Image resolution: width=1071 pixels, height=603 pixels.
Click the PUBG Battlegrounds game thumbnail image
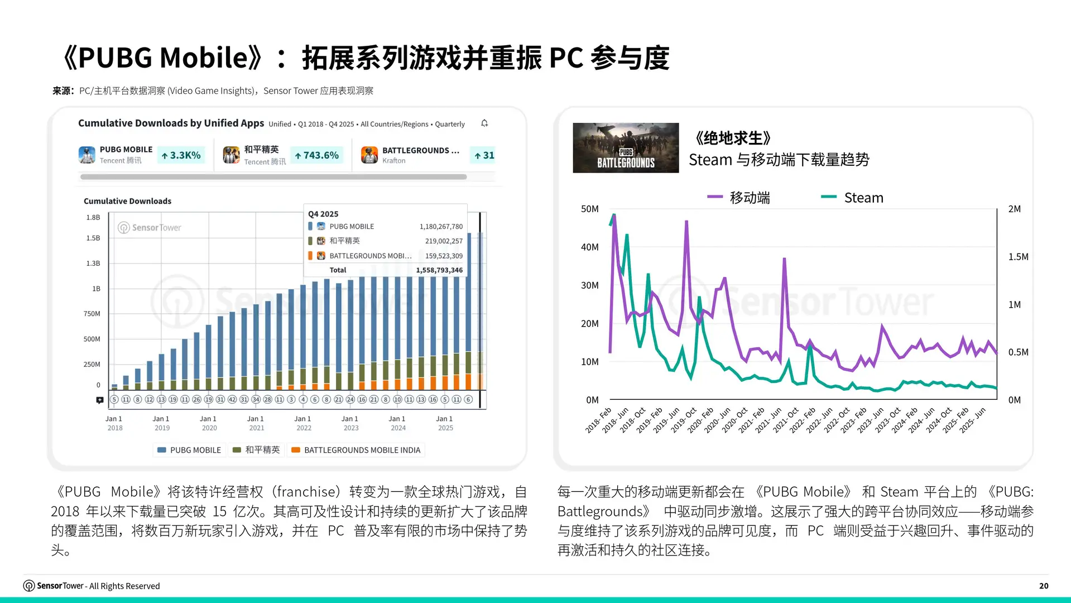point(626,148)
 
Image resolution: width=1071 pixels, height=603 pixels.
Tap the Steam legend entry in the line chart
point(852,198)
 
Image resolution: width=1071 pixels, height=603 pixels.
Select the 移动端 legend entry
point(738,198)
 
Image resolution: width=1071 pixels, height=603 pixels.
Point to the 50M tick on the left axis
point(589,209)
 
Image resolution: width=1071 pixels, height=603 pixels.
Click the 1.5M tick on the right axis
point(1018,257)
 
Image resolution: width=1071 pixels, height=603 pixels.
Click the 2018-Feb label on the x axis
point(598,420)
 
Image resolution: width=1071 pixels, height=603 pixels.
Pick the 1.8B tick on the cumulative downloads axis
point(93,217)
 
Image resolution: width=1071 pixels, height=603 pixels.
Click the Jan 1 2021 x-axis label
point(256,423)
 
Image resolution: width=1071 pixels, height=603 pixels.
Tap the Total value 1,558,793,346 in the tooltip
point(439,270)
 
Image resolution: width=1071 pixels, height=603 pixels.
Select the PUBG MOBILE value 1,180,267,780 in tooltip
point(441,227)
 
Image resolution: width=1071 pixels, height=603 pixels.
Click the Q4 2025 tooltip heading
point(323,214)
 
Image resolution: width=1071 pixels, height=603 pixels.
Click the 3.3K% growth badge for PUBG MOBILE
point(181,155)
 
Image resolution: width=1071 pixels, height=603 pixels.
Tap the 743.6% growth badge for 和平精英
point(316,155)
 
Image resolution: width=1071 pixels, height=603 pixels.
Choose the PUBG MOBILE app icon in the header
point(87,155)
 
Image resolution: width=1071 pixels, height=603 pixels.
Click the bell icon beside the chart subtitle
point(484,123)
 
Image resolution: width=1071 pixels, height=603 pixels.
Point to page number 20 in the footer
point(1044,586)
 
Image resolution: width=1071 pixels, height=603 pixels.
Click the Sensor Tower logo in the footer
point(29,586)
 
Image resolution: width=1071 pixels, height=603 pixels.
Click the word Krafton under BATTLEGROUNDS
point(393,161)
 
